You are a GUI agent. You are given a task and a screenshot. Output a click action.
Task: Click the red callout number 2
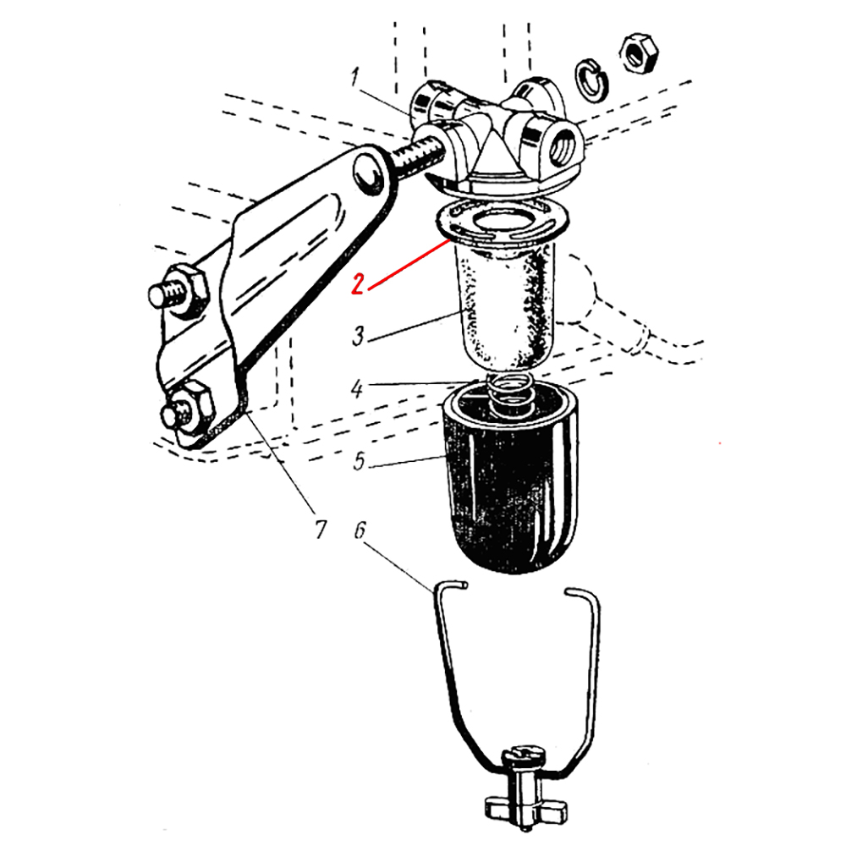pyautogui.click(x=357, y=284)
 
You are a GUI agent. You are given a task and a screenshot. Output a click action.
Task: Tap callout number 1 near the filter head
pyautogui.click(x=354, y=78)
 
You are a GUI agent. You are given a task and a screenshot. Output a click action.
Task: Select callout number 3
pyautogui.click(x=358, y=335)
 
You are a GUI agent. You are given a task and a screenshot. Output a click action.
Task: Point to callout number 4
pyautogui.click(x=356, y=388)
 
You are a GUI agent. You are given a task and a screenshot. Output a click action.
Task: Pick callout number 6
pyautogui.click(x=360, y=531)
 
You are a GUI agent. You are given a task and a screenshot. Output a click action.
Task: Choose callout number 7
pyautogui.click(x=321, y=530)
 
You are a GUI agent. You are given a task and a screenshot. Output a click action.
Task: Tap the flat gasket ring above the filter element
pyautogui.click(x=501, y=221)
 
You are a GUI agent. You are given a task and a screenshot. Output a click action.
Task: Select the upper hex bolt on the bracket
pyautogui.click(x=179, y=291)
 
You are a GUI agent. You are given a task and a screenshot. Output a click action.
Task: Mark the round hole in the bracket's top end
pyautogui.click(x=369, y=173)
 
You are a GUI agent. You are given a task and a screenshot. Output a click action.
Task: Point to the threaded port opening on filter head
pyautogui.click(x=561, y=146)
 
